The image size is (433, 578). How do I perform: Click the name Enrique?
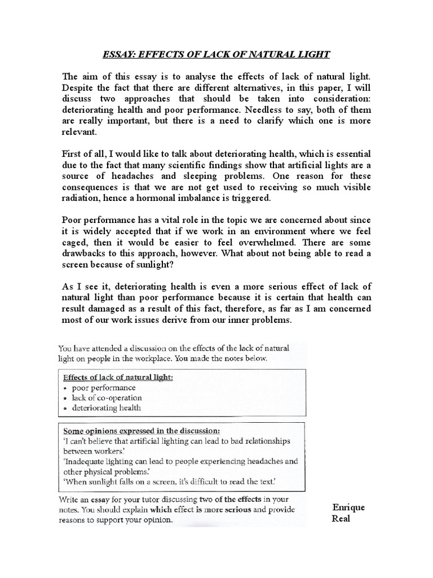(x=348, y=507)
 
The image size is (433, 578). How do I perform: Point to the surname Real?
(x=341, y=518)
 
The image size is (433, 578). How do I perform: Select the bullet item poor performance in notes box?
(x=103, y=388)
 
